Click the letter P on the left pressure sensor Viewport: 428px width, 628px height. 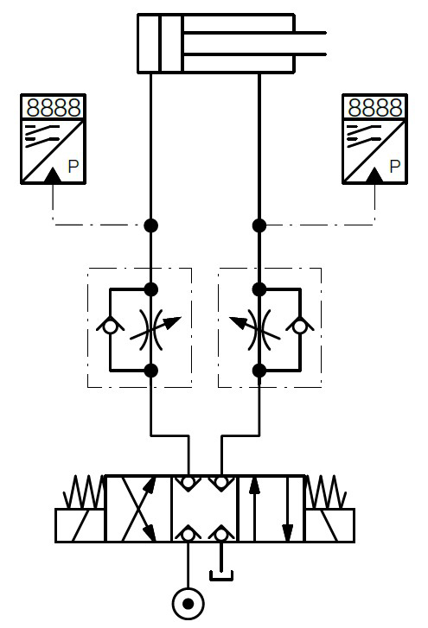pos(73,166)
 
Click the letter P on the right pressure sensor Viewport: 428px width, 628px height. pos(395,166)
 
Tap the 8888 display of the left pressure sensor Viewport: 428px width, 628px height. pos(54,107)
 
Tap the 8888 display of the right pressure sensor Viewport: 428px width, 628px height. pos(375,107)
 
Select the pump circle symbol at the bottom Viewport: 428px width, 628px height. pos(188,604)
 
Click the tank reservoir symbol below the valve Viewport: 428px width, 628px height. pos(221,576)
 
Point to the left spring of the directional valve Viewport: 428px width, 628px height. pos(84,492)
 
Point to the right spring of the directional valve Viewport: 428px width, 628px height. pos(326,492)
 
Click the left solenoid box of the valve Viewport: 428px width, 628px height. pos(80,525)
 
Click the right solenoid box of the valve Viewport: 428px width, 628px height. pos(329,525)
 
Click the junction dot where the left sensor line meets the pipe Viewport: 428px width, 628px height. pos(150,225)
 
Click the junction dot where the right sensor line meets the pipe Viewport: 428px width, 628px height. pos(259,225)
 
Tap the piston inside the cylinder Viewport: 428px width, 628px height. pos(171,44)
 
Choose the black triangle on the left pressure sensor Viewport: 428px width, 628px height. pos(53,175)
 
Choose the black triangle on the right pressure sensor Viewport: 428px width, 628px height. pos(374,175)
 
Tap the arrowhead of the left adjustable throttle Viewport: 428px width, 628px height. pos(173,322)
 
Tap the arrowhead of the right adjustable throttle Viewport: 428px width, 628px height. pos(238,322)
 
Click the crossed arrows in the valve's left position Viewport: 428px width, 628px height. pos(138,509)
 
